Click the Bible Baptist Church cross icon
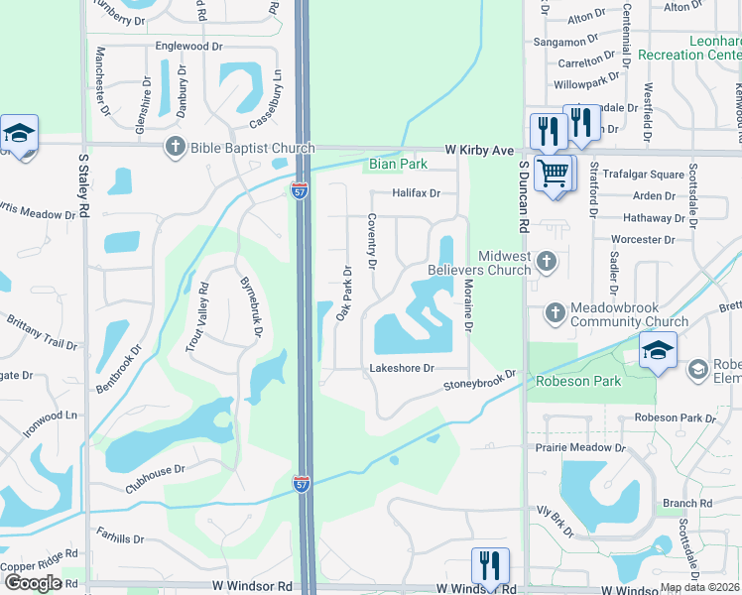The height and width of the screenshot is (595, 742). pyautogui.click(x=176, y=147)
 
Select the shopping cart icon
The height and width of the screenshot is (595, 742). pyautogui.click(x=554, y=173)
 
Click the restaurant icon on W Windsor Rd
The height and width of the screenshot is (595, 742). pyautogui.click(x=490, y=565)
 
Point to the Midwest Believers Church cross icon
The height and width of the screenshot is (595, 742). pyautogui.click(x=545, y=262)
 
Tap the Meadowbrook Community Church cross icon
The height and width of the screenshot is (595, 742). pyautogui.click(x=556, y=313)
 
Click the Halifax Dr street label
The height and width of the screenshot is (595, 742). pyautogui.click(x=415, y=193)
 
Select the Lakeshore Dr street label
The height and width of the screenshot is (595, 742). pyautogui.click(x=402, y=368)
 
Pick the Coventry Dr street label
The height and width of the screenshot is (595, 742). pyautogui.click(x=373, y=242)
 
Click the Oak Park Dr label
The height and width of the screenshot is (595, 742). pyautogui.click(x=343, y=293)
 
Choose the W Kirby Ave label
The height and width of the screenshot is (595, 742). pyautogui.click(x=479, y=149)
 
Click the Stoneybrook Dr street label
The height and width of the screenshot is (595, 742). pyautogui.click(x=481, y=380)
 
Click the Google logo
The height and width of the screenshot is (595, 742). pyautogui.click(x=33, y=583)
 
